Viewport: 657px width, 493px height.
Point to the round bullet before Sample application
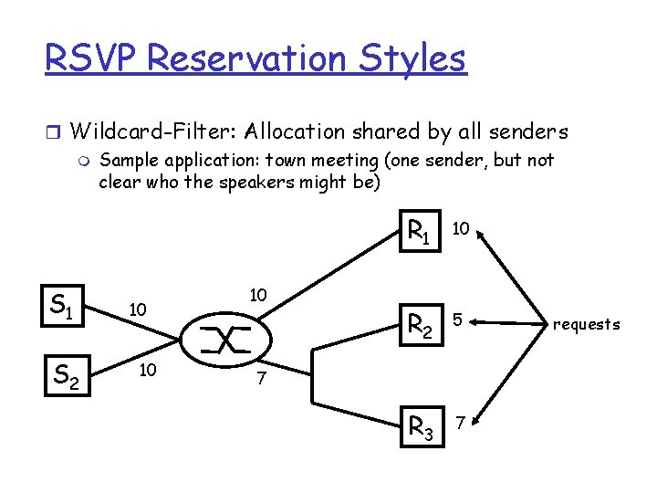[86, 162]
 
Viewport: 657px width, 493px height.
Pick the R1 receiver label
[420, 234]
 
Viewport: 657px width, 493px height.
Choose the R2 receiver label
[420, 323]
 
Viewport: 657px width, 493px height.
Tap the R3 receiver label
[420, 425]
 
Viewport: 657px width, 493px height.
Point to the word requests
[587, 324]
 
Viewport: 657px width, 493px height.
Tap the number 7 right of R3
[462, 422]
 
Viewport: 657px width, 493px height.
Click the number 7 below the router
[260, 378]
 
